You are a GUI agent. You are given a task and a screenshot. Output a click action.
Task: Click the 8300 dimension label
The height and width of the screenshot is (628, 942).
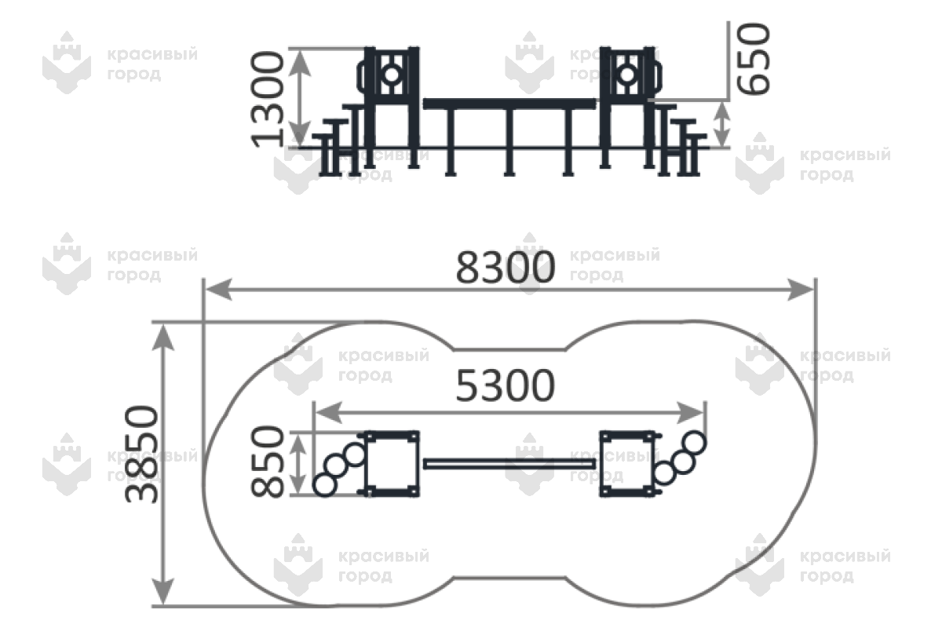(x=506, y=267)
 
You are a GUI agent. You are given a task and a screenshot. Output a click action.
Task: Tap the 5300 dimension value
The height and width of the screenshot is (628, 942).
(x=506, y=385)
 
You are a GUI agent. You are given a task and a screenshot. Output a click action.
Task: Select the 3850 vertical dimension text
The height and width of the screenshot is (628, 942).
(x=142, y=455)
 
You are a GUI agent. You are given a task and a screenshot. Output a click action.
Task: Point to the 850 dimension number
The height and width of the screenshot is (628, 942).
(x=268, y=462)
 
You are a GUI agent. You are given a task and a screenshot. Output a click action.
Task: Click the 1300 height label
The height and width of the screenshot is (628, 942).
(x=268, y=99)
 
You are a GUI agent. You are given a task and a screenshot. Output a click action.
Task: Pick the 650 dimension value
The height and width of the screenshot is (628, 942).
(x=753, y=59)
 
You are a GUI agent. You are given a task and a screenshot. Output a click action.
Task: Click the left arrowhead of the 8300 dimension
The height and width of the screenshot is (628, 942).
(x=219, y=290)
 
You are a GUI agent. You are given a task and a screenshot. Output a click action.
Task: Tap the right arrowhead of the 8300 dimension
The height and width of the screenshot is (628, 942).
(x=800, y=290)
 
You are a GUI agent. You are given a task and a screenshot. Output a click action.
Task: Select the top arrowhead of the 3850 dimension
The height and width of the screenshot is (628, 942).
(x=162, y=338)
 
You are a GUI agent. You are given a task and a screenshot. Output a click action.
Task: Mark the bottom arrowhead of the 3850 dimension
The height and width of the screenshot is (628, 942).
(x=162, y=591)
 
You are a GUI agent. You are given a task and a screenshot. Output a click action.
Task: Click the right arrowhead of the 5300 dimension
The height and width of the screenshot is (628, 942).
(x=690, y=413)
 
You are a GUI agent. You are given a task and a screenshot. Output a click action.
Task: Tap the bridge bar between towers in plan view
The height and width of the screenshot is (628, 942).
(x=509, y=463)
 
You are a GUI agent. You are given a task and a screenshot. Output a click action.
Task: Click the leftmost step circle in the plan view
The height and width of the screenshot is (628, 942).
(x=325, y=485)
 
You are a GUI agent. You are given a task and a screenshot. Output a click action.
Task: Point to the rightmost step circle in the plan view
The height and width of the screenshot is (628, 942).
(x=694, y=443)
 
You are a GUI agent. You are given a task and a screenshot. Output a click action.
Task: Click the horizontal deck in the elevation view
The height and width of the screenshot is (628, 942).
(x=509, y=104)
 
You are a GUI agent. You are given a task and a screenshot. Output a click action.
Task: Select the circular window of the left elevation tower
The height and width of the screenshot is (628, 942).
(x=392, y=75)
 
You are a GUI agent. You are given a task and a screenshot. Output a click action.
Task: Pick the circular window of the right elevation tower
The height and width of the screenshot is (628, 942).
(x=627, y=75)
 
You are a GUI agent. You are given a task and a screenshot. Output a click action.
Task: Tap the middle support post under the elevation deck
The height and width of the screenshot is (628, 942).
(x=509, y=142)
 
